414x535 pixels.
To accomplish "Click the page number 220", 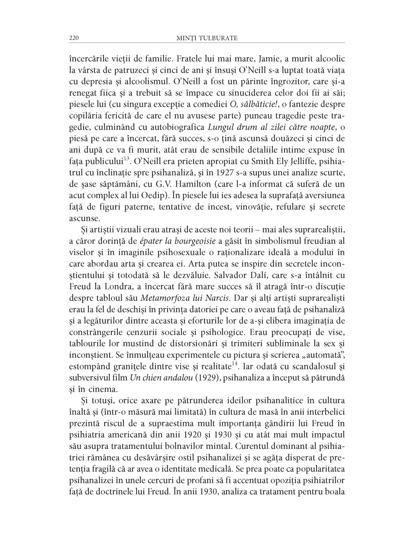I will (73, 38).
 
